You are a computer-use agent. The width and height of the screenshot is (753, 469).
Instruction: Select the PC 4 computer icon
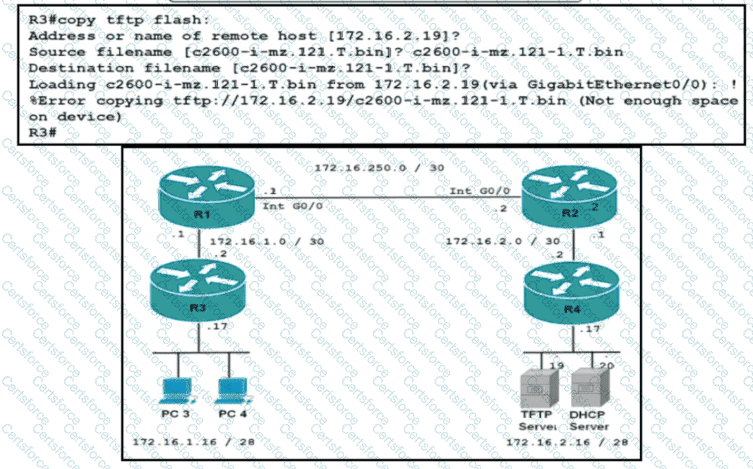(229, 391)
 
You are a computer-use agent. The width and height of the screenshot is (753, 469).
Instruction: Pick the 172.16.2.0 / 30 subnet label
(503, 242)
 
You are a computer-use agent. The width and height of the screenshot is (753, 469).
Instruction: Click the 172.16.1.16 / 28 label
(194, 442)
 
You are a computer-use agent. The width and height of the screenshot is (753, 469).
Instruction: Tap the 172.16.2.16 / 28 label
(567, 442)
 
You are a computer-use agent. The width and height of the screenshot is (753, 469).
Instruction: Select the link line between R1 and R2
(384, 198)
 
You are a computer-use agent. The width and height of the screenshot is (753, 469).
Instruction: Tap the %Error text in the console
(55, 101)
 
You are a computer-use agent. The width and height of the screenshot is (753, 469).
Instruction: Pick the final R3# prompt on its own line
(42, 133)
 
